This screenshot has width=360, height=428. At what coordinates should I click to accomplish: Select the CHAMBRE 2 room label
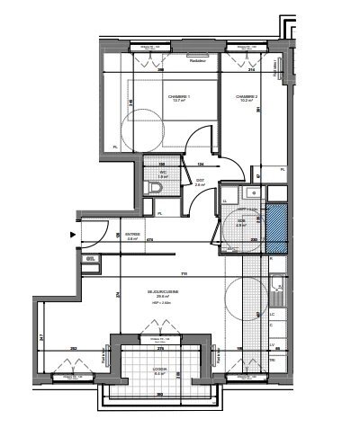[x=247, y=98]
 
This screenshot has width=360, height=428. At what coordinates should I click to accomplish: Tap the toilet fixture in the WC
[x=149, y=186]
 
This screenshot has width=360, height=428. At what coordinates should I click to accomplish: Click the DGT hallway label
[x=200, y=181]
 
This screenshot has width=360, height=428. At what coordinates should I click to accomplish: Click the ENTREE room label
[x=132, y=236]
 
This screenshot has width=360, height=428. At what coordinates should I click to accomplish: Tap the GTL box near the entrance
[x=91, y=259]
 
